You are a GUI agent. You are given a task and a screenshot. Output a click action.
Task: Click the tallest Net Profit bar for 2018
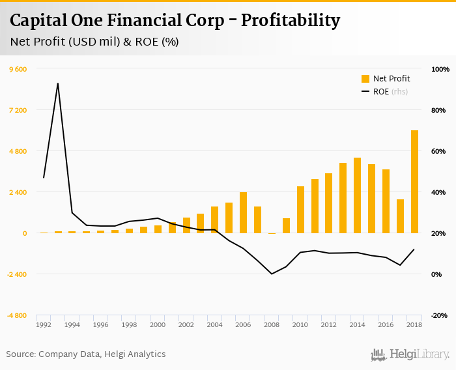click(414, 182)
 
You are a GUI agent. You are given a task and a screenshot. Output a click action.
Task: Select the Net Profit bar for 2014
click(357, 195)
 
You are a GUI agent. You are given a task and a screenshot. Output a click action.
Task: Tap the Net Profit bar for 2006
click(243, 212)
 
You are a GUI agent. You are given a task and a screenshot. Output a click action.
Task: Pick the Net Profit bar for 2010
click(300, 210)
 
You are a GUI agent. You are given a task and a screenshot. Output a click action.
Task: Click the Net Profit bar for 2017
click(400, 216)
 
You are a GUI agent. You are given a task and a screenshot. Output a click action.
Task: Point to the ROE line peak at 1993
click(58, 83)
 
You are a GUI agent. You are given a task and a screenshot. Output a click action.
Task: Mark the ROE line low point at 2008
click(272, 274)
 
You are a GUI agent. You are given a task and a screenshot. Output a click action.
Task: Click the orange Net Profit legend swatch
click(365, 79)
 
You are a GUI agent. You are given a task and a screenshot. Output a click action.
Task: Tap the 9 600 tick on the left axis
click(18, 69)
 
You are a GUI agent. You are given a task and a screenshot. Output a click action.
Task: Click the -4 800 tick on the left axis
click(17, 315)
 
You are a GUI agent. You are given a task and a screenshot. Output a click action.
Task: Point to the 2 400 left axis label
click(18, 192)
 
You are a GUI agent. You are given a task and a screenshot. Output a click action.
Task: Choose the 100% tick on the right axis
click(440, 69)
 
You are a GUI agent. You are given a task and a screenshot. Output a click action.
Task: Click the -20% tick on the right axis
click(440, 315)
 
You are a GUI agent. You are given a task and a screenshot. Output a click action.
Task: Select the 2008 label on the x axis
click(272, 324)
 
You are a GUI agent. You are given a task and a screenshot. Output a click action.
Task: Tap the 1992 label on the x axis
click(44, 324)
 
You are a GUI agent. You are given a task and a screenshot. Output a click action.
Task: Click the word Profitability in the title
click(291, 21)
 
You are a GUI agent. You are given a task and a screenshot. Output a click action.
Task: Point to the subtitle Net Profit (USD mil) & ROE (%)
click(94, 42)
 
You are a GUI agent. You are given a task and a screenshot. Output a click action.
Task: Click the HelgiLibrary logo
click(410, 354)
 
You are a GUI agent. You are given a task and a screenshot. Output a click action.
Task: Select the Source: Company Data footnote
click(86, 354)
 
